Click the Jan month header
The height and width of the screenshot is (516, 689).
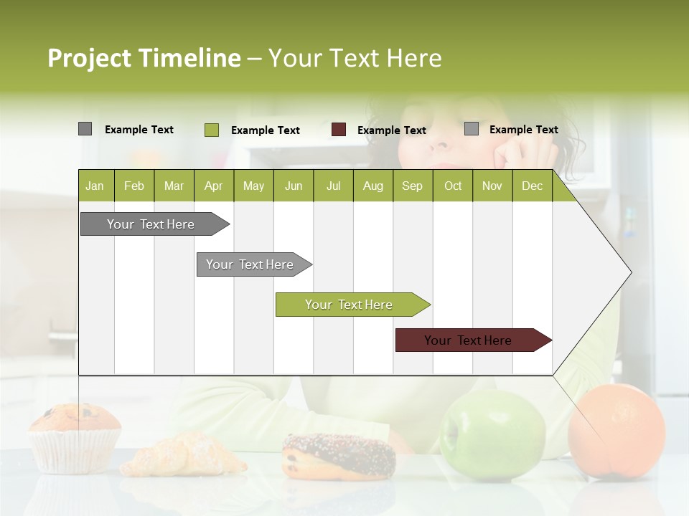tap(95, 186)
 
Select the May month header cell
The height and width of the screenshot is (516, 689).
tap(253, 186)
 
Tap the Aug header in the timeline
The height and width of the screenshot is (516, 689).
tap(372, 186)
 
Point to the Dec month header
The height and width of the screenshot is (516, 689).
tap(532, 186)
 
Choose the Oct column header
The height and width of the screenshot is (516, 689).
tap(453, 186)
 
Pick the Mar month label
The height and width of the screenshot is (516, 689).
tap(174, 186)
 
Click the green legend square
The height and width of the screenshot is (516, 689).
tap(212, 130)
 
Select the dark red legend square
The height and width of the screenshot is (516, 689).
tap(339, 130)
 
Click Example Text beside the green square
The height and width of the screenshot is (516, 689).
tap(266, 130)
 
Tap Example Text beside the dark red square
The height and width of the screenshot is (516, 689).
tap(392, 130)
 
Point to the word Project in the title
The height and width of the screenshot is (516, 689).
tap(89, 58)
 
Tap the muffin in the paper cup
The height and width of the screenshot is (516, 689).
tap(75, 437)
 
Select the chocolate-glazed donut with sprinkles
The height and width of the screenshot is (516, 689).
tap(338, 456)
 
